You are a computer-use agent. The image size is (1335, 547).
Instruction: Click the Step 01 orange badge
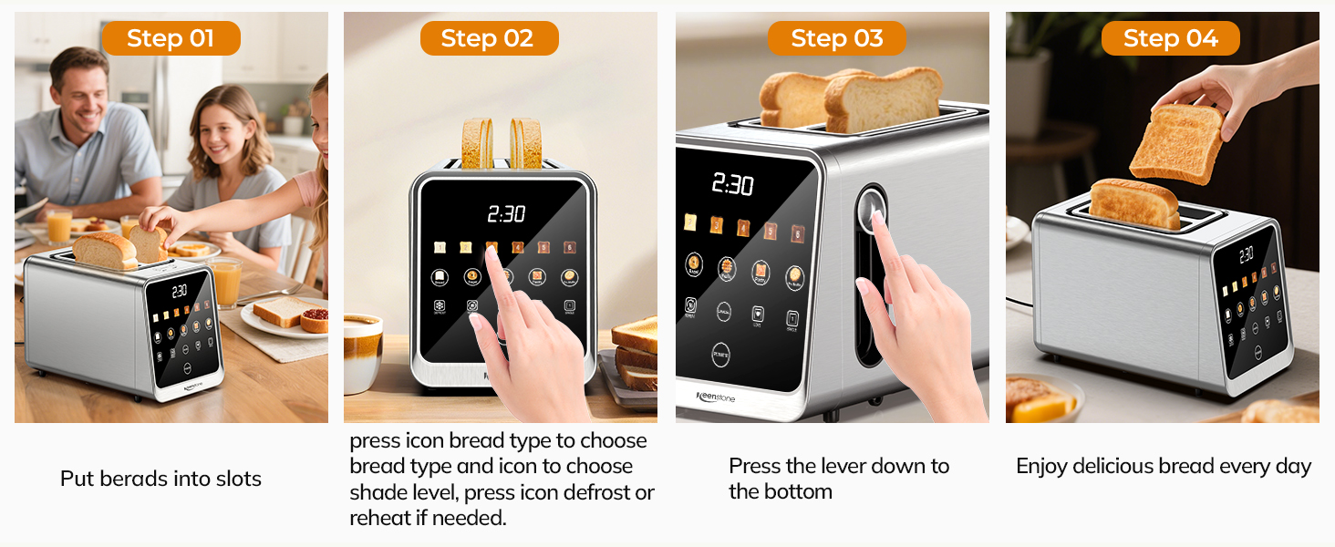tap(171, 38)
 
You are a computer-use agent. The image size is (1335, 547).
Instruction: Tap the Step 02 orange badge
tap(488, 38)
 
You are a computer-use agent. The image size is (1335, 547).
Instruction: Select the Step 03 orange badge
tap(836, 38)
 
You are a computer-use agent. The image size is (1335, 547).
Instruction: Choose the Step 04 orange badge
tap(1170, 38)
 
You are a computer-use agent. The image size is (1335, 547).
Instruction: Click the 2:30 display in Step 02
tap(506, 214)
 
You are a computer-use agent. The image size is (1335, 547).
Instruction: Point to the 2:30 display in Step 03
tap(732, 185)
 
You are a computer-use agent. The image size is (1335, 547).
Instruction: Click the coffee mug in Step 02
tap(362, 351)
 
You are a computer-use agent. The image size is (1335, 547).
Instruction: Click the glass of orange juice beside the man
tap(59, 225)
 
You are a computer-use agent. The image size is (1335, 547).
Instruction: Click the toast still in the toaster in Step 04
tap(1135, 202)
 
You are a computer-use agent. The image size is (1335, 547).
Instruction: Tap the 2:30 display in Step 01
tap(179, 291)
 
